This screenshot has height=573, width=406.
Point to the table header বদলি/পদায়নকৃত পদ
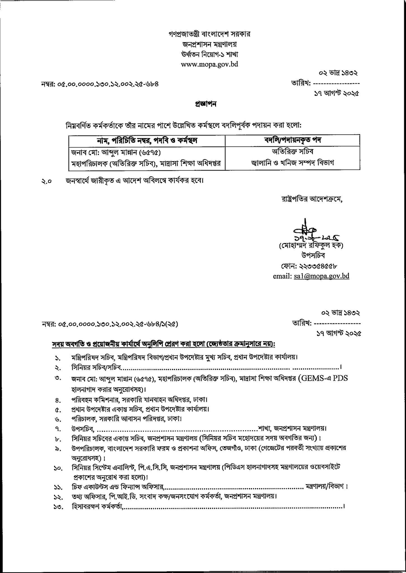click(x=292, y=140)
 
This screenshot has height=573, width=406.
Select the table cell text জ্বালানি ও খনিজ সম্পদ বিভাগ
click(x=292, y=163)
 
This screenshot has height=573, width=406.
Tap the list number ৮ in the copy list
click(x=57, y=437)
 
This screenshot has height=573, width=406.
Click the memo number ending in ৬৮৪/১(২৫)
click(x=110, y=325)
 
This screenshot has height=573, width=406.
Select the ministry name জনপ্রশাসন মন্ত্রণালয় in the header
click(x=209, y=44)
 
